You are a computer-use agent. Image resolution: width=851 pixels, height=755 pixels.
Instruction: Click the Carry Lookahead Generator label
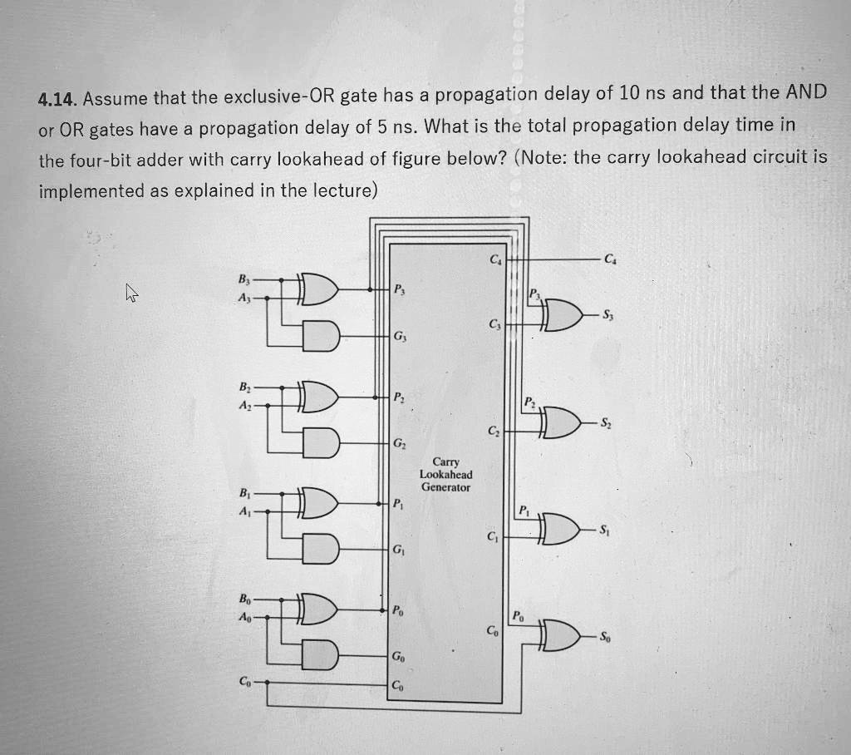pos(445,474)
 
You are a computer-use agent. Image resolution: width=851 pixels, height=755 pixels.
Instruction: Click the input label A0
pos(243,617)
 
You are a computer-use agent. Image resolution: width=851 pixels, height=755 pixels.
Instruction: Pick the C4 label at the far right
pos(612,259)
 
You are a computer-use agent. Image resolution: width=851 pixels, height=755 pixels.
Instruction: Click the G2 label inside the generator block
pos(400,442)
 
